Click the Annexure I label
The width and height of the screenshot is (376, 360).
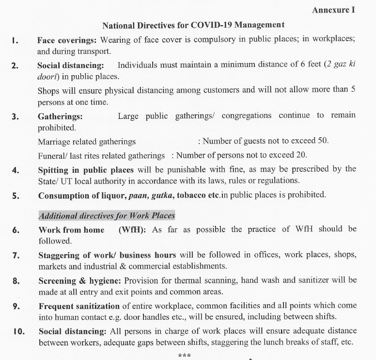333,10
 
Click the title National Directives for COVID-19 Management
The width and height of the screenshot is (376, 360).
193,25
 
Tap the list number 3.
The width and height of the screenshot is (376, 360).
16,116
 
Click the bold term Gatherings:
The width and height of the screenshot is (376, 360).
60,116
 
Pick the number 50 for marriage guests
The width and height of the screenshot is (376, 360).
322,141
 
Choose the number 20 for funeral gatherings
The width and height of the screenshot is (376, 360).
301,156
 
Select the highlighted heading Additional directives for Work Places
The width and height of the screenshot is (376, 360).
107,216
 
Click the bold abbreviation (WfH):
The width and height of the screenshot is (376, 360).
132,230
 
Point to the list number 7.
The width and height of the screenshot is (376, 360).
16,256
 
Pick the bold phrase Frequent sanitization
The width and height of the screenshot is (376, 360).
79,306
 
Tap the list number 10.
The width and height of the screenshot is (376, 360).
18,332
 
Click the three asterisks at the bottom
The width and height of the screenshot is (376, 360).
185,356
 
